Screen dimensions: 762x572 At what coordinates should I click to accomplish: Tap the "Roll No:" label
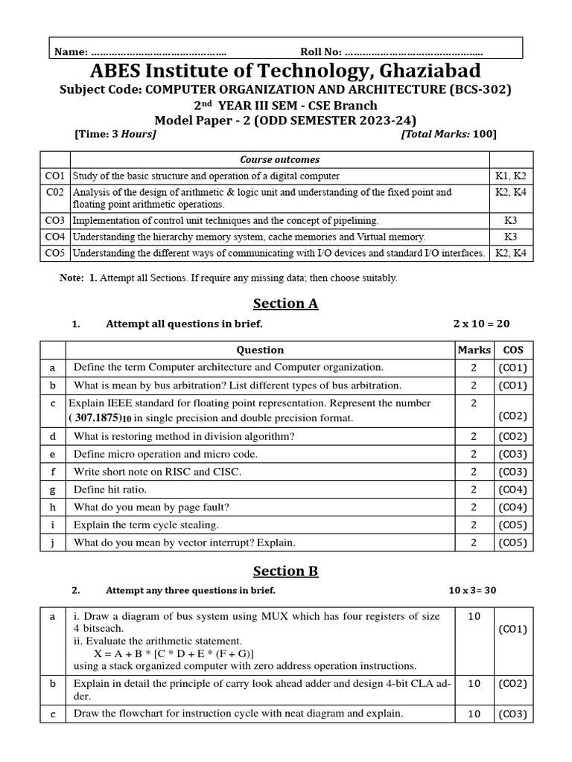(x=321, y=51)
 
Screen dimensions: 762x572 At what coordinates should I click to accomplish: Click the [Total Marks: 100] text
(x=448, y=134)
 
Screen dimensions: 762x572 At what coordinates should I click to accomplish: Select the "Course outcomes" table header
(x=279, y=159)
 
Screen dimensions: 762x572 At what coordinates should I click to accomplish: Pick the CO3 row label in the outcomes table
(x=55, y=220)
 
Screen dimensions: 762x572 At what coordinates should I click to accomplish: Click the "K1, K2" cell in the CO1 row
(x=510, y=176)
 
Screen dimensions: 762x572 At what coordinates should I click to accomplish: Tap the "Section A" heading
(x=285, y=304)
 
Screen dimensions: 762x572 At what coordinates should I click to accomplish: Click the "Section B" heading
(x=285, y=571)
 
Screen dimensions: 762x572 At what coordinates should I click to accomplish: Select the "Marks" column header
(x=474, y=350)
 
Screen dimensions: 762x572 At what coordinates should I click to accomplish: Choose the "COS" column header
(x=512, y=350)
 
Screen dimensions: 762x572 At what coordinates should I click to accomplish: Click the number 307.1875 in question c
(x=105, y=418)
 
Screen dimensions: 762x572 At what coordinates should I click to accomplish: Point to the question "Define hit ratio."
(x=110, y=490)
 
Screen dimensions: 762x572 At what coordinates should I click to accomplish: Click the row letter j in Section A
(x=52, y=543)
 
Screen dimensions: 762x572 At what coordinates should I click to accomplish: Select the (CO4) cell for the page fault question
(x=512, y=508)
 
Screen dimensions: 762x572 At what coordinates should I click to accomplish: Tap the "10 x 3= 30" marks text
(x=472, y=591)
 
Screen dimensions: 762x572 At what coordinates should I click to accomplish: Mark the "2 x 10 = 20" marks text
(x=481, y=324)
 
